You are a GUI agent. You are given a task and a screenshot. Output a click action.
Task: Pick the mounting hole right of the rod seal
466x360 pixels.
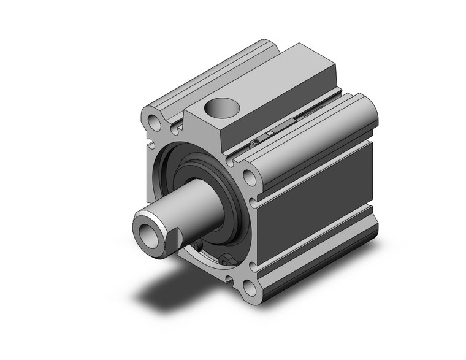click(x=250, y=178)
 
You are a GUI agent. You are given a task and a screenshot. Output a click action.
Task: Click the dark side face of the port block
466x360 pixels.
click(x=282, y=117)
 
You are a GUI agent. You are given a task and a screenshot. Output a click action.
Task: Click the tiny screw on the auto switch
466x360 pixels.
click(x=254, y=143)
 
